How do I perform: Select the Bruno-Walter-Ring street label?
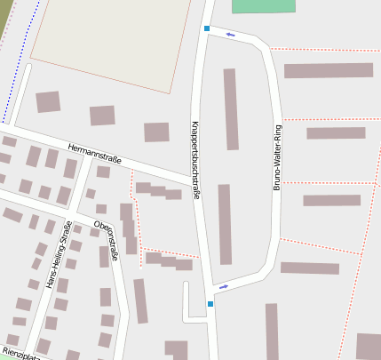(x=277, y=157)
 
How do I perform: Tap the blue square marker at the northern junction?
(x=207, y=29)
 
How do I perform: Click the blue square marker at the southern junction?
(x=210, y=304)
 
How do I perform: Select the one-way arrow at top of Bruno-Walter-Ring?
(x=231, y=35)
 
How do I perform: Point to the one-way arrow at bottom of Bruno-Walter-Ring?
(x=223, y=286)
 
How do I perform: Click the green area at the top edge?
(x=263, y=5)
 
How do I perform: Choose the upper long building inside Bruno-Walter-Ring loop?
(x=231, y=108)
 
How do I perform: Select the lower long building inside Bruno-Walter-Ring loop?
(x=225, y=224)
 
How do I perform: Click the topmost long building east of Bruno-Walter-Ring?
(x=328, y=70)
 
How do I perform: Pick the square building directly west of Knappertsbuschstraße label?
(x=156, y=132)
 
